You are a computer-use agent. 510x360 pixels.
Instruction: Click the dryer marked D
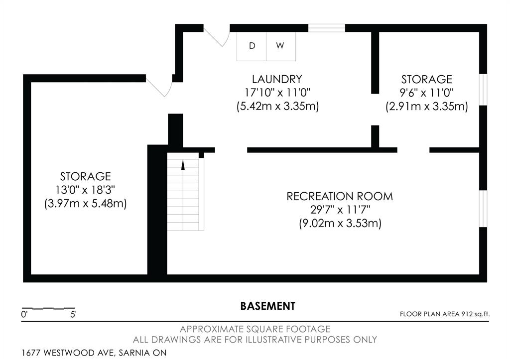(x=252, y=46)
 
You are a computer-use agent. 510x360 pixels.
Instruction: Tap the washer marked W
(x=281, y=46)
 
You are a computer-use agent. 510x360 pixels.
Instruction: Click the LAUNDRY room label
(x=277, y=79)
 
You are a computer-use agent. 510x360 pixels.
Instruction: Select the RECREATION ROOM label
(x=340, y=196)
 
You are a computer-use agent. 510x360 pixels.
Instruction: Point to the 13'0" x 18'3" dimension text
(x=86, y=190)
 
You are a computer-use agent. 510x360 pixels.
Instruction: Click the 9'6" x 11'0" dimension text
(x=426, y=93)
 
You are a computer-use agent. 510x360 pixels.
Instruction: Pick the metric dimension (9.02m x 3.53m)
(x=340, y=224)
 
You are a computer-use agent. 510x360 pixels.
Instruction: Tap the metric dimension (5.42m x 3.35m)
(x=277, y=107)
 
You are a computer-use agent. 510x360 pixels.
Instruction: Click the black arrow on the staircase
(x=183, y=165)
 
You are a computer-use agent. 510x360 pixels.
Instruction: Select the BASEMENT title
(x=267, y=306)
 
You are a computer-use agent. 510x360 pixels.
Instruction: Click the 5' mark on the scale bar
(x=73, y=315)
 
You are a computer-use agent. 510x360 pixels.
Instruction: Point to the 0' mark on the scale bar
(x=24, y=315)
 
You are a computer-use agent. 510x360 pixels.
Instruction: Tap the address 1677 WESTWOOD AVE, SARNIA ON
(x=94, y=353)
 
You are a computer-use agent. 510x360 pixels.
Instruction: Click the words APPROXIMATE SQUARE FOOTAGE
(x=255, y=329)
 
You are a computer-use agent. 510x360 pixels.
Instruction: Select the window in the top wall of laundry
(x=327, y=28)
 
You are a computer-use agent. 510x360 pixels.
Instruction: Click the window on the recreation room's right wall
(x=483, y=209)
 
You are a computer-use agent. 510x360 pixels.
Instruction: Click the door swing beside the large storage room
(x=159, y=86)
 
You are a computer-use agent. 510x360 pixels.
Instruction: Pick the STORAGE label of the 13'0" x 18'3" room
(x=86, y=176)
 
